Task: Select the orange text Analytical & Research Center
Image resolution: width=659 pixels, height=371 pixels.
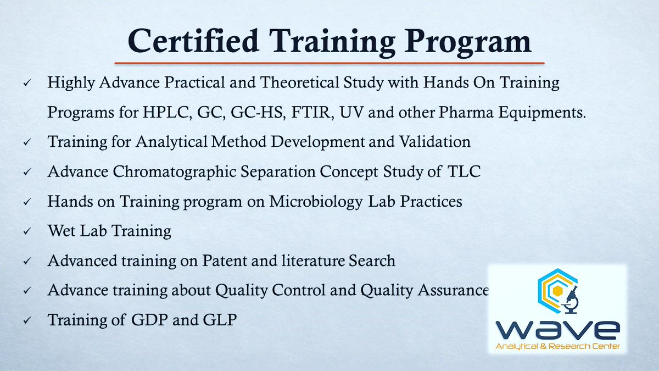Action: pyautogui.click(x=557, y=347)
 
